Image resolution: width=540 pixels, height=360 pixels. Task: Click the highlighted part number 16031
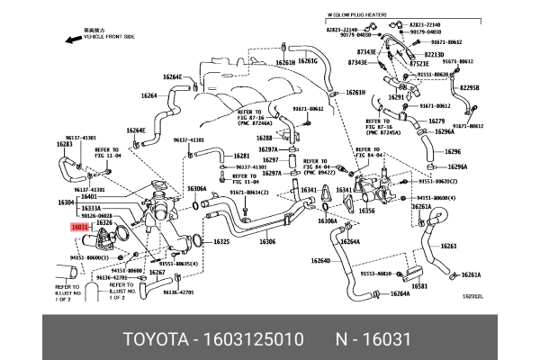[x=80, y=229]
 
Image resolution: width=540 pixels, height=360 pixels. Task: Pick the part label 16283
[x=64, y=144]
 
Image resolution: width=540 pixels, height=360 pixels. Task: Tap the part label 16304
[x=65, y=202]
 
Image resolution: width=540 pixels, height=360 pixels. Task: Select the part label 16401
[x=88, y=196]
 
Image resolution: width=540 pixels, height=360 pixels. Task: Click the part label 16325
[x=221, y=242]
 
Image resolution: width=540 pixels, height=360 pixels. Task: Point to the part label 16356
[x=366, y=211]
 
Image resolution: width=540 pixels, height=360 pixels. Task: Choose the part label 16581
[x=418, y=286]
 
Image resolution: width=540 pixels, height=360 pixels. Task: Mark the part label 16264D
[x=319, y=262]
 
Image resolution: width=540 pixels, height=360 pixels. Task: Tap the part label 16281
[x=241, y=156]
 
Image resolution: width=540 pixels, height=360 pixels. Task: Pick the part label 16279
[x=436, y=121]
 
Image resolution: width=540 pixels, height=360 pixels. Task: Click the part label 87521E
[x=419, y=64]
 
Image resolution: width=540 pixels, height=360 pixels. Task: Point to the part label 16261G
[x=308, y=61]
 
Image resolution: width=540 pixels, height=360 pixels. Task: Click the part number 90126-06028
[x=97, y=216]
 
